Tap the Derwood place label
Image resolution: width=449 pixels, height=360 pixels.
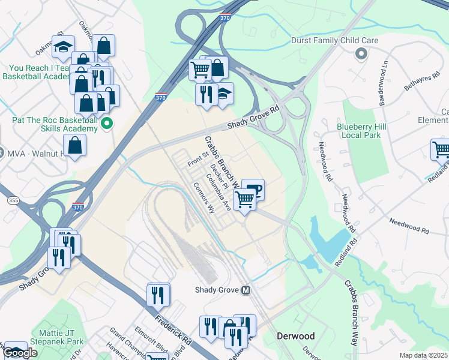(292, 336)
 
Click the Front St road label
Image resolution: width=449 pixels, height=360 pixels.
(197, 159)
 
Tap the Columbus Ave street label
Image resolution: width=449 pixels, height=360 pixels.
(218, 193)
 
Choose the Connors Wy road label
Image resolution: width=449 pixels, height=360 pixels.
(204, 199)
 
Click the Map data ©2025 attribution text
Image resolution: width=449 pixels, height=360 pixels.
(423, 355)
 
